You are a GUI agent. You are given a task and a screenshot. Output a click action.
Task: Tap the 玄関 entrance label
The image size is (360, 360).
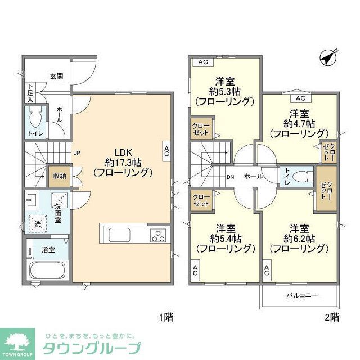56,76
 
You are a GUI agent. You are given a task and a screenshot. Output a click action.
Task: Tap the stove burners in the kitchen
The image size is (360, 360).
158,235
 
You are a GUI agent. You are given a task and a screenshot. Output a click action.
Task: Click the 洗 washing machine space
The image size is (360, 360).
38,223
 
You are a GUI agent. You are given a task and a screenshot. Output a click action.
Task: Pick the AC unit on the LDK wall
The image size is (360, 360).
167,150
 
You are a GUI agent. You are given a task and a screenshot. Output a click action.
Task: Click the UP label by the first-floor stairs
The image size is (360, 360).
76,152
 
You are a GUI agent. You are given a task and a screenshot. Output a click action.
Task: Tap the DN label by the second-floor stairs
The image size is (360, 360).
230,177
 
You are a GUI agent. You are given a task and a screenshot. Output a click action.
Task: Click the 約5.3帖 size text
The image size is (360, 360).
224,91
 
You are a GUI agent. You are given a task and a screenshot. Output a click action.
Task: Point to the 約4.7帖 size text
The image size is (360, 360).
299,123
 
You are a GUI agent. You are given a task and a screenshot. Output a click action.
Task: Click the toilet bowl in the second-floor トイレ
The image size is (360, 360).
302,176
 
